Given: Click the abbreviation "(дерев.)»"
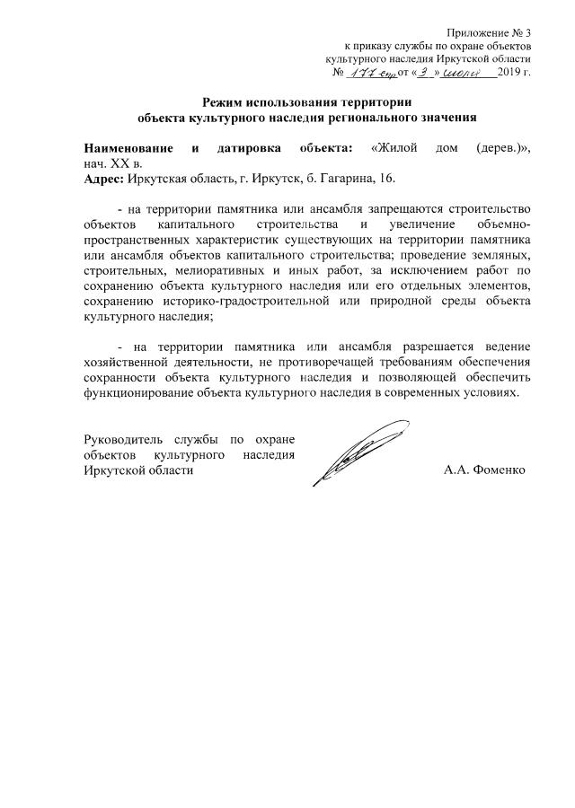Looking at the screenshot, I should (x=502, y=147).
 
